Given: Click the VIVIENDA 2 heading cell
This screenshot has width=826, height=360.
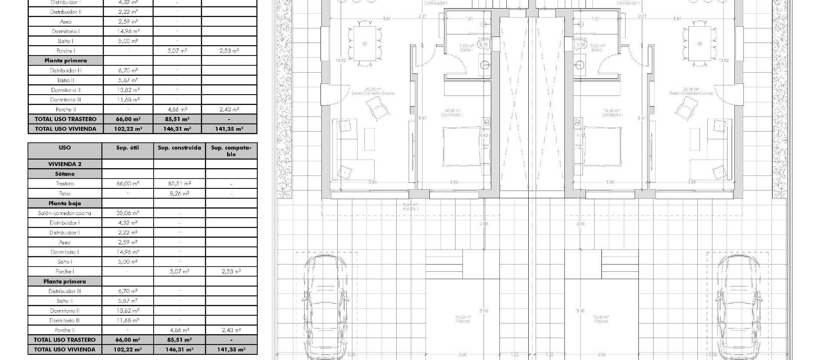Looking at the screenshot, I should (x=65, y=164).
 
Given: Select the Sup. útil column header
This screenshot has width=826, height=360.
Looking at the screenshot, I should (x=128, y=148).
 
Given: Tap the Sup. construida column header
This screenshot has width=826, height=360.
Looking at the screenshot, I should (x=179, y=148).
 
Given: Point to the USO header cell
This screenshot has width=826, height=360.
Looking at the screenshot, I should (x=65, y=148).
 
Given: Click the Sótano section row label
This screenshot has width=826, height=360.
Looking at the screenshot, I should (x=65, y=174).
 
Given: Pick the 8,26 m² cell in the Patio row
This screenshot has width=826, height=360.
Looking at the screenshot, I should (x=179, y=194).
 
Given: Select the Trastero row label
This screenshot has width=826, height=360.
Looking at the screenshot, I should (x=65, y=184).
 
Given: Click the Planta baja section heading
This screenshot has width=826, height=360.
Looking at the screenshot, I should (x=65, y=203).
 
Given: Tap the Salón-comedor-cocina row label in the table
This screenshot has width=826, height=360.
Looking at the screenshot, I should (x=65, y=213).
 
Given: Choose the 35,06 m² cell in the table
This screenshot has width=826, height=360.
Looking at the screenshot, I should (x=128, y=213).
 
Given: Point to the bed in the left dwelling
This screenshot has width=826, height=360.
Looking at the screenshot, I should (x=462, y=146).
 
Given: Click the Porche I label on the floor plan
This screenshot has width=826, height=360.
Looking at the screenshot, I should (x=411, y=209).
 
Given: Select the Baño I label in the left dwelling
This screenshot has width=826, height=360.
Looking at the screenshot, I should (x=466, y=50).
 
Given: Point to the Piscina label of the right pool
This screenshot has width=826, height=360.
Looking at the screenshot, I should (x=601, y=321).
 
